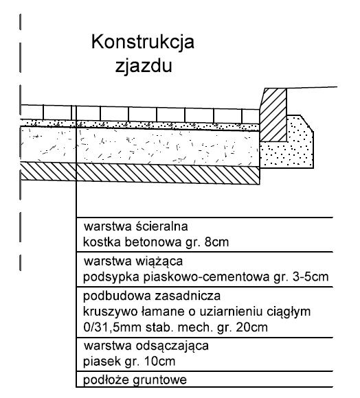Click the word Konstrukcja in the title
tap(143, 43)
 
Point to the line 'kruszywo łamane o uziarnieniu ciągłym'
tap(196, 312)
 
